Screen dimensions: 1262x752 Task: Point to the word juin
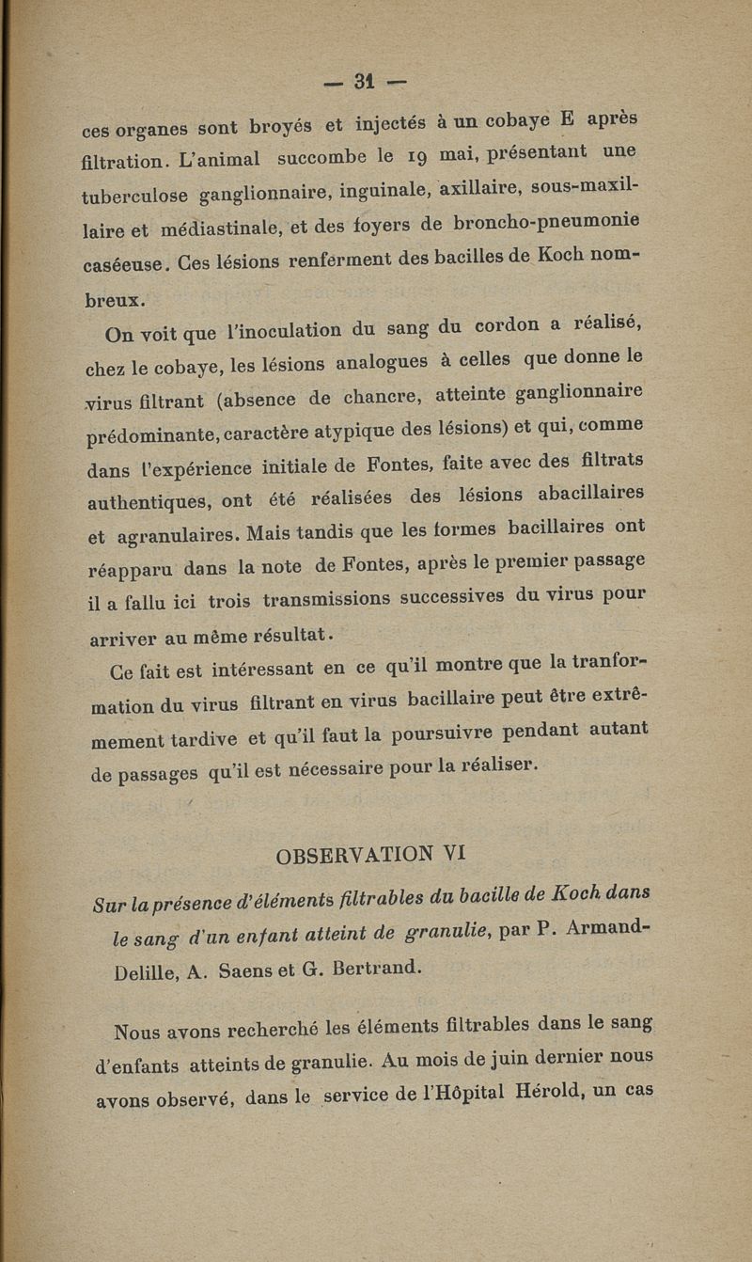click(521, 1062)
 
